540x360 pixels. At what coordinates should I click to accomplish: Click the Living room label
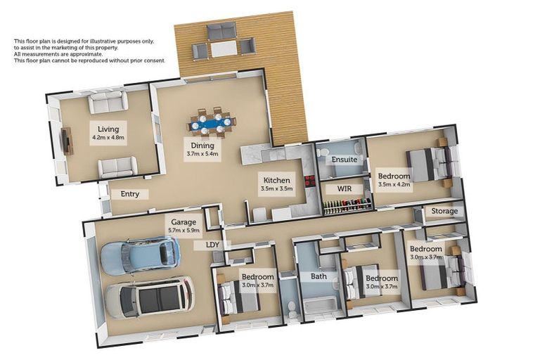click(x=108, y=129)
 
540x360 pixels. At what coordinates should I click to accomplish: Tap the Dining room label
click(x=202, y=145)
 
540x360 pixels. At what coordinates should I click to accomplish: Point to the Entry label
click(x=130, y=194)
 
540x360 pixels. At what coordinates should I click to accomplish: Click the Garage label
click(x=182, y=221)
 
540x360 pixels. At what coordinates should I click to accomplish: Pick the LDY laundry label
click(x=212, y=245)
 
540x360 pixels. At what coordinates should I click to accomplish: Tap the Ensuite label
click(x=345, y=160)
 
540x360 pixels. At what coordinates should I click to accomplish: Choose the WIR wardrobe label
click(x=345, y=189)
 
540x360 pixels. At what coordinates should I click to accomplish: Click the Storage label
click(x=444, y=211)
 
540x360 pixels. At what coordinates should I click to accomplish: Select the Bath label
click(x=319, y=276)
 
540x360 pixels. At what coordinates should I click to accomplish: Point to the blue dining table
click(x=211, y=125)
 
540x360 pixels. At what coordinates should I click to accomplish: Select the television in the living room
click(x=67, y=141)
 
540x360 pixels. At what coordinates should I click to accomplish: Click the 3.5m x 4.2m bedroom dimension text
click(x=394, y=186)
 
